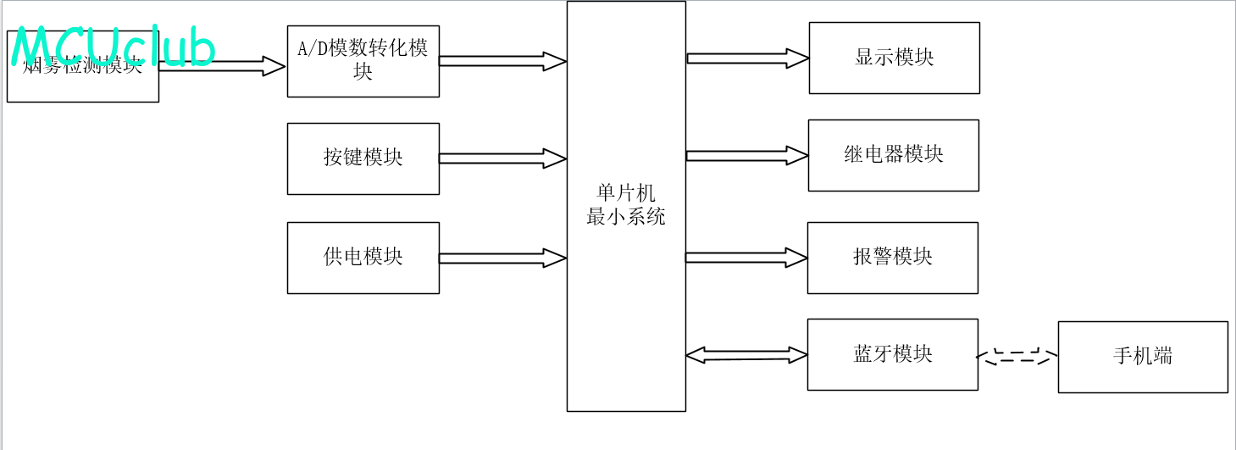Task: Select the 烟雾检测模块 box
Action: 82,85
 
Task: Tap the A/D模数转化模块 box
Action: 363,61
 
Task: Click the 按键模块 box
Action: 363,158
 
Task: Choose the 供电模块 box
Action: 363,258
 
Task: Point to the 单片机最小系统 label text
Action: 626,205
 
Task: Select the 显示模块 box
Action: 894,58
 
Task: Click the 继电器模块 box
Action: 893,155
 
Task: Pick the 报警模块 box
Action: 892,258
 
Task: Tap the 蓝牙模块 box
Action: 892,354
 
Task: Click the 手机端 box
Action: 1142,357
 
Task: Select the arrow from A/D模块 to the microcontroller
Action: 502,61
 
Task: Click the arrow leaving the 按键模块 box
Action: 502,158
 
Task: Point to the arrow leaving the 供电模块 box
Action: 502,258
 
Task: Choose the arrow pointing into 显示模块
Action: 747,58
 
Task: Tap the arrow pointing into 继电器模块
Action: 746,155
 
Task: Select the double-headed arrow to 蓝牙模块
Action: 746,355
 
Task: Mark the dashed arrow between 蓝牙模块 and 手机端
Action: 1017,357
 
